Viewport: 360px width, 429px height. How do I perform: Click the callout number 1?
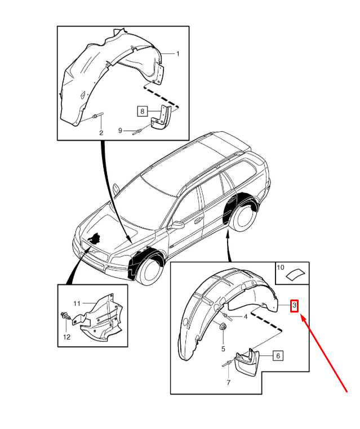pyautogui.click(x=178, y=53)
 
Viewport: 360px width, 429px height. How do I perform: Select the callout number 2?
pyautogui.click(x=101, y=133)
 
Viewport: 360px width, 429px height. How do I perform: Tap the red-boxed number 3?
pyautogui.click(x=294, y=305)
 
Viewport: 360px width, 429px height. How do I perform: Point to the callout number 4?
pyautogui.click(x=245, y=317)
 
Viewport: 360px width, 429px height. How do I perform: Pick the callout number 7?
pyautogui.click(x=228, y=382)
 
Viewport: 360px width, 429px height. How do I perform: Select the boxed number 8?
pyautogui.click(x=143, y=111)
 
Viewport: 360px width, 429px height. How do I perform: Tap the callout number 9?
pyautogui.click(x=120, y=131)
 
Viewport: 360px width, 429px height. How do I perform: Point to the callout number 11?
pyautogui.click(x=77, y=304)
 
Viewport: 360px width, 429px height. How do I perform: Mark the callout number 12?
pyautogui.click(x=66, y=337)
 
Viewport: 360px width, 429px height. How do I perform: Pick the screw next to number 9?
pyautogui.click(x=137, y=132)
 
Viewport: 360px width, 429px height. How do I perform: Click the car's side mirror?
pyautogui.click(x=178, y=225)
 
